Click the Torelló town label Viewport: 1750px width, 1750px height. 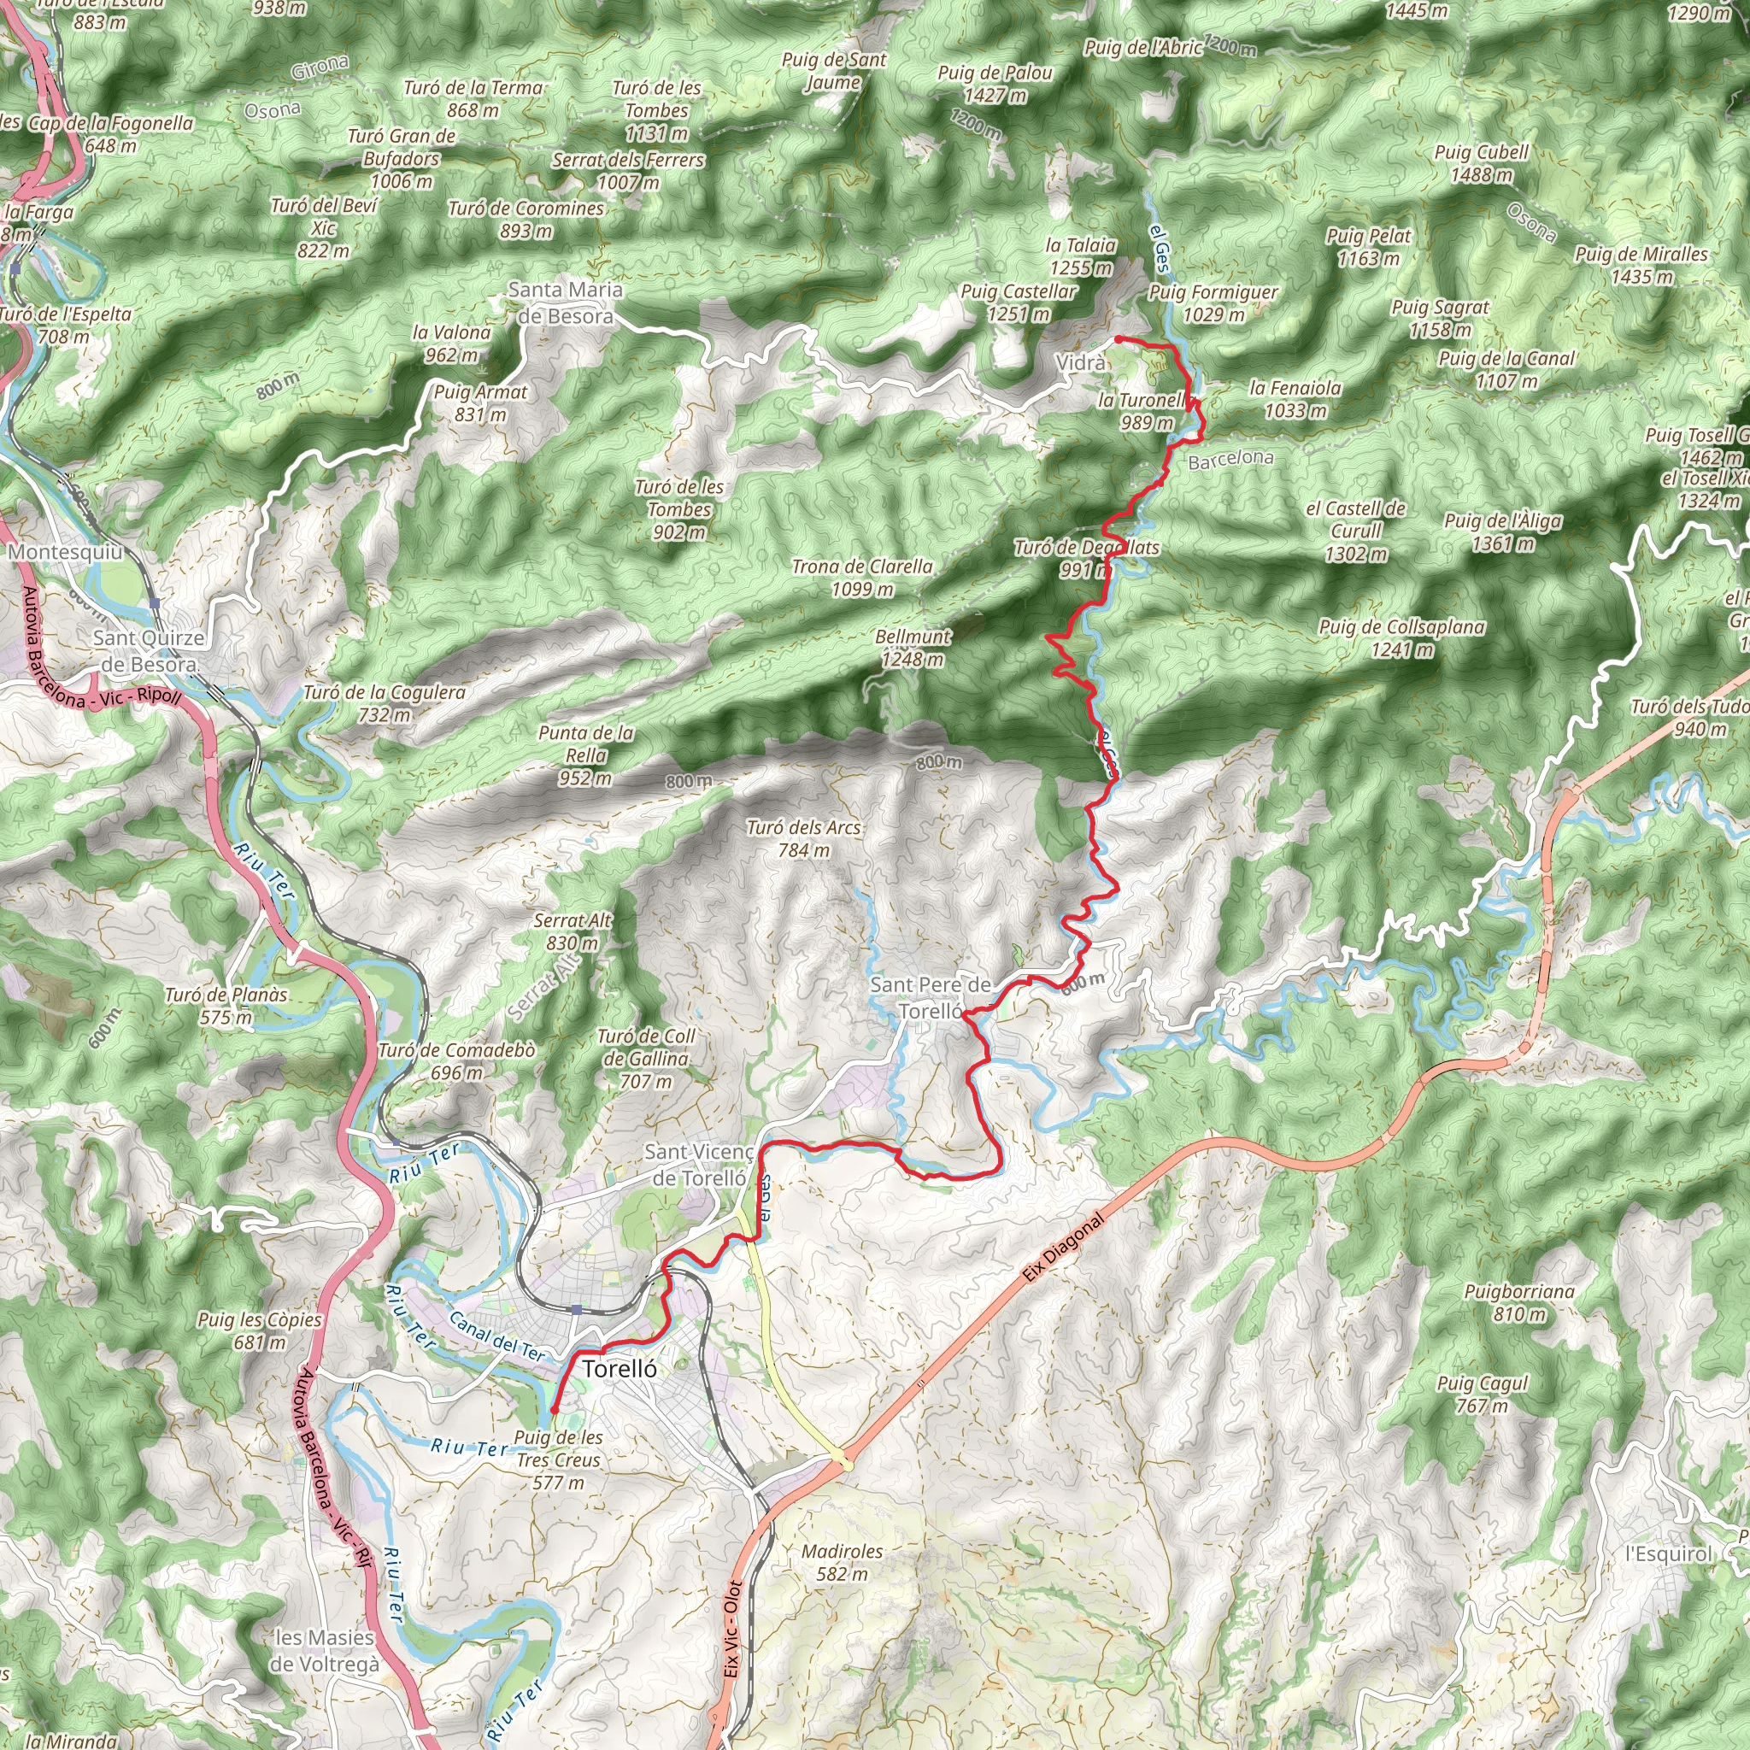620,1369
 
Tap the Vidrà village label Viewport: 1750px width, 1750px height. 1081,362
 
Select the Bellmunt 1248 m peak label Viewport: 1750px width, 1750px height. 913,648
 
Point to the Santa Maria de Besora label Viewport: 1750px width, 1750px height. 565,302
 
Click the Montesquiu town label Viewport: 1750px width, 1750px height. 64,552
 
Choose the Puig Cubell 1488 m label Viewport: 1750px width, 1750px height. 1481,163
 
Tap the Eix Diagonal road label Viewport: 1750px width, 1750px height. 1065,1248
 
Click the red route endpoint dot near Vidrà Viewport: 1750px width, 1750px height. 1119,338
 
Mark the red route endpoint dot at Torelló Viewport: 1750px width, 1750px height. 554,1410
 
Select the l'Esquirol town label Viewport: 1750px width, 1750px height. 1669,1553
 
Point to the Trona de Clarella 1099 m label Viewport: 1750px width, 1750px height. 861,577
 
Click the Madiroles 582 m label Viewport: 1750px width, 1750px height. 842,1563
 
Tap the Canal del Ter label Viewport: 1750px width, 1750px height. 497,1337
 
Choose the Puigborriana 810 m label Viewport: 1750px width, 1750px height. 1519,1302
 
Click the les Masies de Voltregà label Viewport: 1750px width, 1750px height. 324,1650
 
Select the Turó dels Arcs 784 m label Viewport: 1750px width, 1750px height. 803,838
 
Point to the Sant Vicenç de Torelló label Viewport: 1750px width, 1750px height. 698,1164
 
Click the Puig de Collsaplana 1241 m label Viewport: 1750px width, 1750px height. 1401,637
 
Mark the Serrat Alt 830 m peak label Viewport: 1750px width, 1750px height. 573,931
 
